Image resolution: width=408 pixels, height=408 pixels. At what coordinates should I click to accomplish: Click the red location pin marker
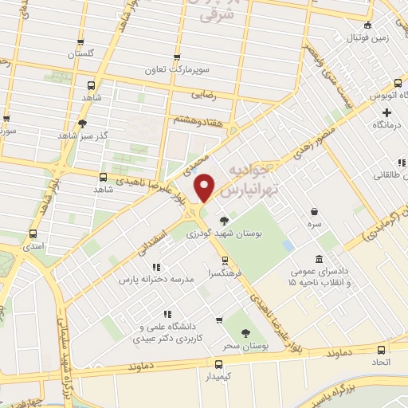tap(206, 186)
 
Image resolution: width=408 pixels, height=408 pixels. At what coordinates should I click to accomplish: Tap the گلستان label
tap(80, 53)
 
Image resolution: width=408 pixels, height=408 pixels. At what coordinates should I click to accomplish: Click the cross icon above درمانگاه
tap(386, 112)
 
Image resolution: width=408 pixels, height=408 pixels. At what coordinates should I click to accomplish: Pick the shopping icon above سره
tap(316, 211)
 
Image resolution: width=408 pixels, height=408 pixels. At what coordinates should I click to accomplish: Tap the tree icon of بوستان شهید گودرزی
tap(226, 221)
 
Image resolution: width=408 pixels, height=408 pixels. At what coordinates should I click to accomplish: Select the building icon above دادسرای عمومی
tap(320, 259)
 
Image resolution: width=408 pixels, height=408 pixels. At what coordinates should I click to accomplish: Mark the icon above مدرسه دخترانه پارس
tap(157, 266)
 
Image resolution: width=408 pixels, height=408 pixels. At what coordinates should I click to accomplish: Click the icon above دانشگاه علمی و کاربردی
tap(167, 314)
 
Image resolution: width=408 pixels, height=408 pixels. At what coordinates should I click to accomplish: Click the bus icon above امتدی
tap(33, 234)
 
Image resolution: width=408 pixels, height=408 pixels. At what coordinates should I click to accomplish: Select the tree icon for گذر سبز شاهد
tap(82, 123)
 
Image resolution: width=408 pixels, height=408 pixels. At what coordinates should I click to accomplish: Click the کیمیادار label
tap(218, 374)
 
